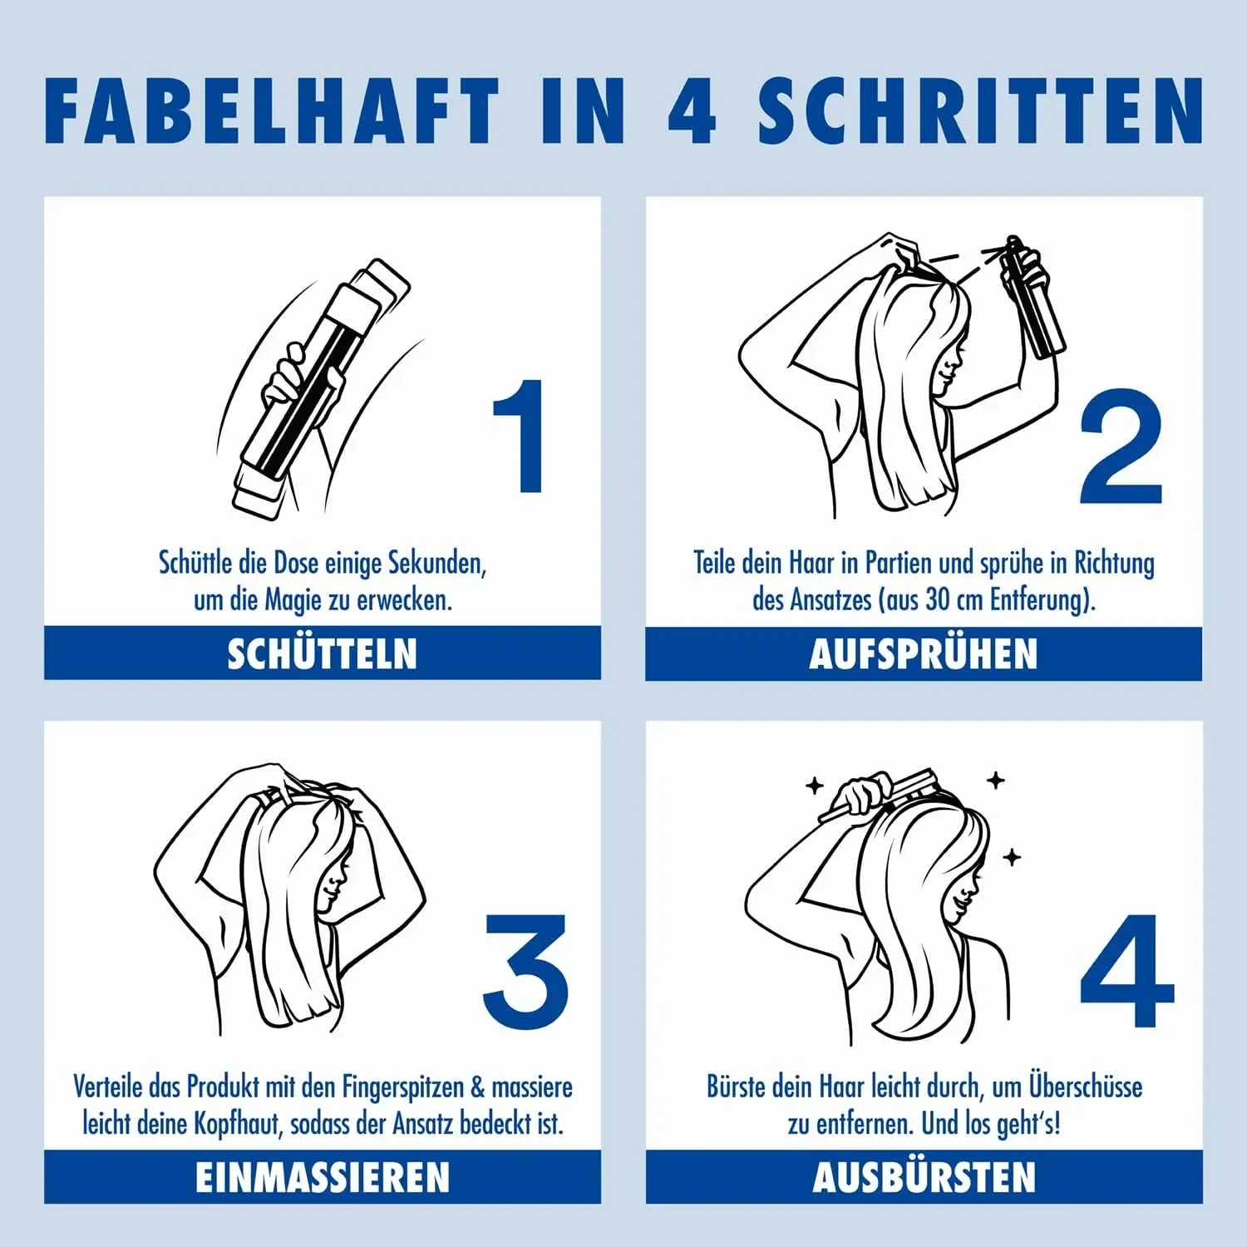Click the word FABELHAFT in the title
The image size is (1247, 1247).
272,111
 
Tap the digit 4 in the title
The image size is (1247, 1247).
692,111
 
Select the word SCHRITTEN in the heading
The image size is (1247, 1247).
980,111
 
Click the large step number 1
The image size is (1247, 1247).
520,436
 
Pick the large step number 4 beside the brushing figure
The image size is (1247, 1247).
1127,970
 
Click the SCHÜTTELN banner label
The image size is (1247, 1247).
323,653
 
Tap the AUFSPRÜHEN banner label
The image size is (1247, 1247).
924,653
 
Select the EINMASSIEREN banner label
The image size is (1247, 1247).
323,1177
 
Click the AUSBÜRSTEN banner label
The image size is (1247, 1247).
924,1177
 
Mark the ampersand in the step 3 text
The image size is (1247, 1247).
478,1087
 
